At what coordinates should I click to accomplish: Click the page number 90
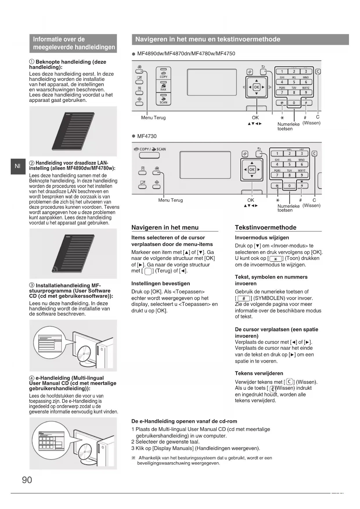pos(27,480)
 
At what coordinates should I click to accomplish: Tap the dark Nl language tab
pos(18,166)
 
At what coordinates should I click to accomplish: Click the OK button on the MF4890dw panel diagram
pos(256,87)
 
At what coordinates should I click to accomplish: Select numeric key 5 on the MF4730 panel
pos(289,164)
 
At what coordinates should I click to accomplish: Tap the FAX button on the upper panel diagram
pos(163,86)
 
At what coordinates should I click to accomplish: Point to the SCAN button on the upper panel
pos(163,99)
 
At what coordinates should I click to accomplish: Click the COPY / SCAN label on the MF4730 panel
pos(150,149)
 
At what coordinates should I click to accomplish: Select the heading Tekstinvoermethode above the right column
pos(265,228)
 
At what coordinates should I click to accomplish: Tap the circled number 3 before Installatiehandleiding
pos(32,286)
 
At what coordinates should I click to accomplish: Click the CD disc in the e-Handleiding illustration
pos(86,450)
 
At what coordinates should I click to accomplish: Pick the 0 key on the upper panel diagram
pos(294,103)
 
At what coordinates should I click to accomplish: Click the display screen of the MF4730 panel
pos(205,165)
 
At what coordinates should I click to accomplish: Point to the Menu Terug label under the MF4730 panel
pos(170,200)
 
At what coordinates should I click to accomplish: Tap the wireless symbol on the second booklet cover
pos(55,270)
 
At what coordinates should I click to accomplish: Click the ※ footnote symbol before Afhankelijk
pos(133,458)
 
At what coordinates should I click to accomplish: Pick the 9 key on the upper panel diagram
pos(306,93)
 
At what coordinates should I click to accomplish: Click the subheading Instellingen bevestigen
pos(160,284)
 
